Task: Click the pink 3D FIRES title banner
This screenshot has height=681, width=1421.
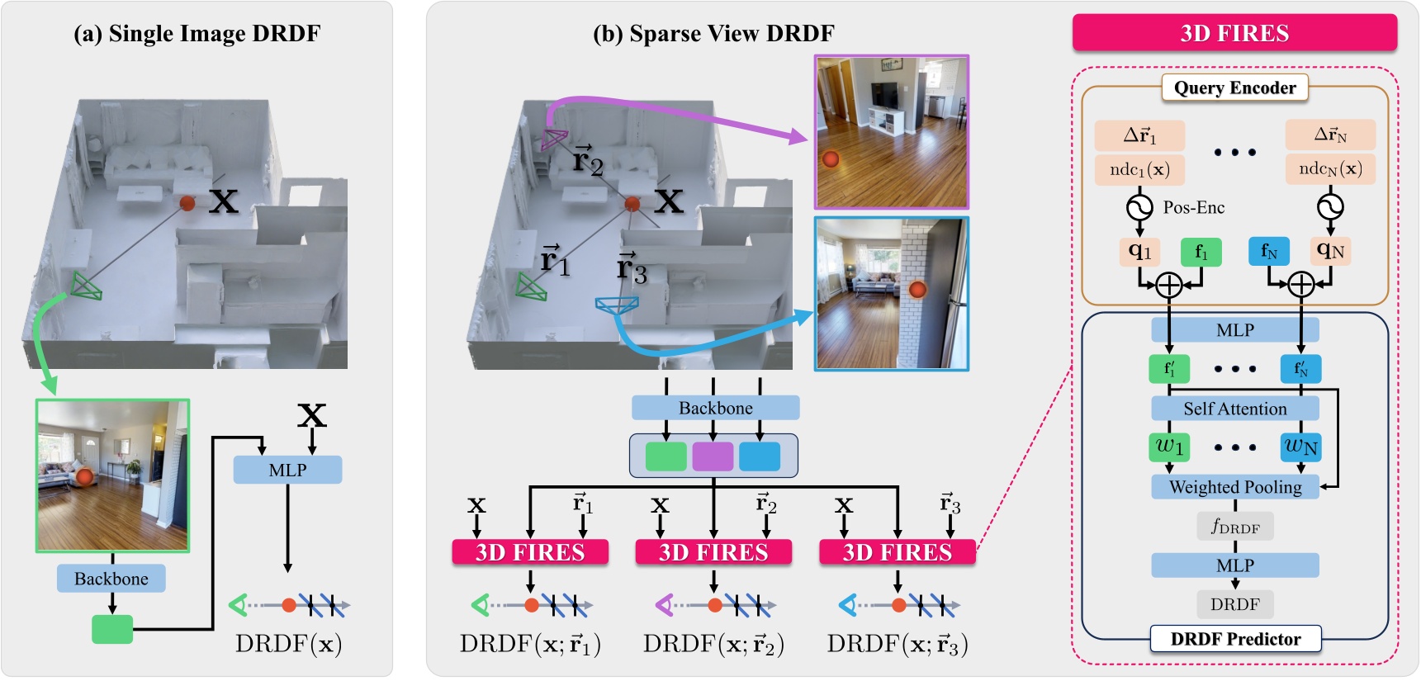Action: coord(1234,33)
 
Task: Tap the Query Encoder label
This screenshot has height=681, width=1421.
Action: coord(1234,87)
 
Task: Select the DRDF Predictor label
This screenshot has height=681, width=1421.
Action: coord(1235,639)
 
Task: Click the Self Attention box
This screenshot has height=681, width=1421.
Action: coord(1234,409)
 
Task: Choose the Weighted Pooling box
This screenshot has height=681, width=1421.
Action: coord(1234,487)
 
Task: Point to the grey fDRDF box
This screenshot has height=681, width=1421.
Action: coord(1234,526)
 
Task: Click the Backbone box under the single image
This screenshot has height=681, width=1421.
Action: coord(111,579)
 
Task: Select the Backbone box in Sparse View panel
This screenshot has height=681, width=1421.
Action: coord(715,408)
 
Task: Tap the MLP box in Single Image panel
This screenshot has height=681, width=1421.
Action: coord(287,470)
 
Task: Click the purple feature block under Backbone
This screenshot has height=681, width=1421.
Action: coord(713,456)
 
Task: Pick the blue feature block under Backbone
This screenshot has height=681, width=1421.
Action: coord(760,456)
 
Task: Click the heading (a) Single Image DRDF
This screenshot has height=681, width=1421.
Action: coord(197,34)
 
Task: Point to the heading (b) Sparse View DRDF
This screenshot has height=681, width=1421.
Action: coord(713,34)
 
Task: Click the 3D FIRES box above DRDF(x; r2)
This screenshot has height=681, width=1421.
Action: coord(713,552)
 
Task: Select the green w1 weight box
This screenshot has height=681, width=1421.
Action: coord(1169,447)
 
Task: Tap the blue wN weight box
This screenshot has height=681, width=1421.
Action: coord(1300,447)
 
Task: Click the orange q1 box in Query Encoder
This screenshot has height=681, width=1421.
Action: coord(1139,252)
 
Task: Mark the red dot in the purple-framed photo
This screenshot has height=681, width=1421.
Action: coord(831,159)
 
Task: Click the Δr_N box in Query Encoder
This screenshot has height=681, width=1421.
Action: coord(1329,135)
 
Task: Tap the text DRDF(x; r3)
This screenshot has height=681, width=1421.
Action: coord(898,644)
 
